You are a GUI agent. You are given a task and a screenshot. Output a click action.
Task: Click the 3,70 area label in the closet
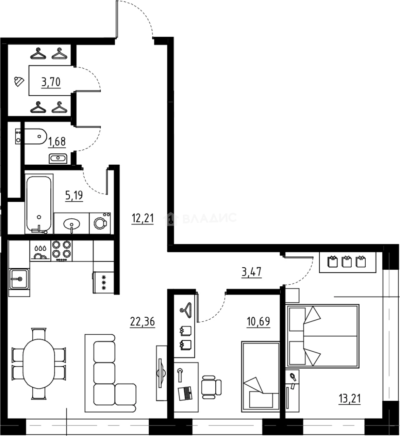(51, 82)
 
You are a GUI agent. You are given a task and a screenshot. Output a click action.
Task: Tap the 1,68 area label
(57, 142)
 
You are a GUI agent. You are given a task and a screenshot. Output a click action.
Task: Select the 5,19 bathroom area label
(74, 196)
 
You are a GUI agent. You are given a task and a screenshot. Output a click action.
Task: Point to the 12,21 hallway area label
(142, 218)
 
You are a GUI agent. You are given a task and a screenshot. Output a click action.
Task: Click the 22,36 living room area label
(143, 321)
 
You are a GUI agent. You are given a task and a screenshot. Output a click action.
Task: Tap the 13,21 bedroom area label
(349, 399)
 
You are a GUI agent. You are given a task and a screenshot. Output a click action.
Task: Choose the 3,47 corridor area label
(252, 272)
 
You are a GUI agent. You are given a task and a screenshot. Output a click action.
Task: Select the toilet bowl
(34, 136)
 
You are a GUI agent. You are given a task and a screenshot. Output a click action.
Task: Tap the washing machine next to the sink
(100, 223)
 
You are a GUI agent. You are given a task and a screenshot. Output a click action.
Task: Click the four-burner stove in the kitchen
(61, 250)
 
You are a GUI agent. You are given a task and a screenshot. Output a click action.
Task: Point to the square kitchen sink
(19, 278)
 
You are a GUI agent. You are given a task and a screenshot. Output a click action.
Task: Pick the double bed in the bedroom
(323, 336)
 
